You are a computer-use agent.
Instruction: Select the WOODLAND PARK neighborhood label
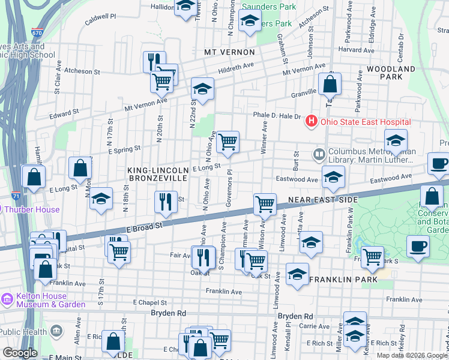391,73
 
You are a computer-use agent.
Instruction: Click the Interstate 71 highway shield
16,195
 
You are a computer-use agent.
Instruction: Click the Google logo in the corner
19,353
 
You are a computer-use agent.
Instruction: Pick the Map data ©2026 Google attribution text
411,355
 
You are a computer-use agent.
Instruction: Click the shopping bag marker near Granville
330,85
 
